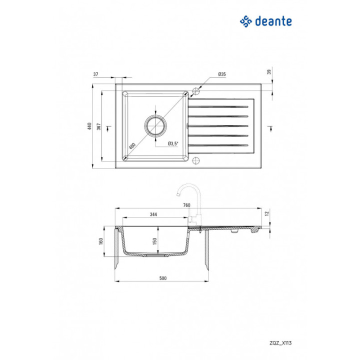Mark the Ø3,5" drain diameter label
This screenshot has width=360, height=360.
173,144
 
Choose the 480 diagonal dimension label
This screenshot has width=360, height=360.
132,146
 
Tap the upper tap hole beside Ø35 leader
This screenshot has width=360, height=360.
196,91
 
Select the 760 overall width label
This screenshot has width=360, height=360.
187,205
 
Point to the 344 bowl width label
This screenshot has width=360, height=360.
153,214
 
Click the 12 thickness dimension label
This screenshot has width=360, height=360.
267,213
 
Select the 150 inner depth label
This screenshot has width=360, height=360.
155,240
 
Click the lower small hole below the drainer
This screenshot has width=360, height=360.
196,161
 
